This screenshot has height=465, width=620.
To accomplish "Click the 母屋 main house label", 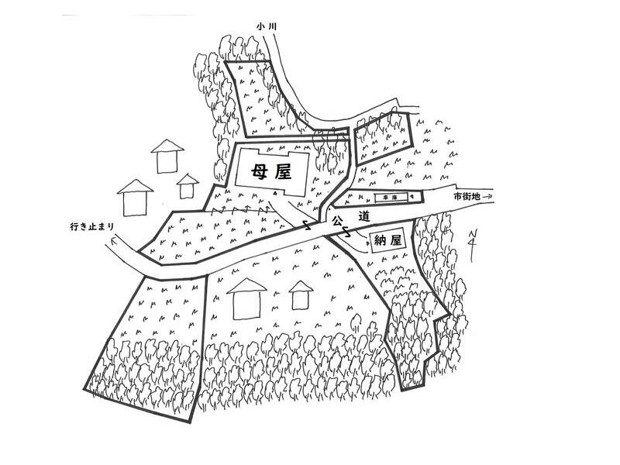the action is (272, 172).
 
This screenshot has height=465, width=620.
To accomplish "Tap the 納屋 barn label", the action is (387, 241).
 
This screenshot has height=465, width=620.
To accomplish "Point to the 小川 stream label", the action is (266, 26).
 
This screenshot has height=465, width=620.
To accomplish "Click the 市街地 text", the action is (467, 196).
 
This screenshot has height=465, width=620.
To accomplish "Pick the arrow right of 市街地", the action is (487, 196).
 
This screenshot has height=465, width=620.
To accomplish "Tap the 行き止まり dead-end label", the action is (91, 227).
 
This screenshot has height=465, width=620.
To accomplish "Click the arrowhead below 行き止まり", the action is (113, 239).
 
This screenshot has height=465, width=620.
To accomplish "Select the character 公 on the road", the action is (336, 220).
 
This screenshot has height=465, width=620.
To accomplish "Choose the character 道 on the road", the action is (363, 217).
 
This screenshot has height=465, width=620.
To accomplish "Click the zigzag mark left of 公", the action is (307, 224).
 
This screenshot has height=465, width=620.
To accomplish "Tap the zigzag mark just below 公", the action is (345, 231).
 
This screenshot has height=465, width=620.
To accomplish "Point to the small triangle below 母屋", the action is (276, 192).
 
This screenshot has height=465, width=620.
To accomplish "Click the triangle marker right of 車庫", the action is (412, 196).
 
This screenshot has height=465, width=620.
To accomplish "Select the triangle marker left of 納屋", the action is (367, 243).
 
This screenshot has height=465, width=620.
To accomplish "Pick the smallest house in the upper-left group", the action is (187, 186).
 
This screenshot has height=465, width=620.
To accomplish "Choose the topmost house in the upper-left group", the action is (167, 157).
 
